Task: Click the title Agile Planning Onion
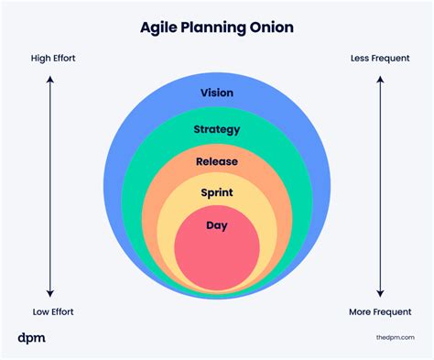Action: tap(217, 27)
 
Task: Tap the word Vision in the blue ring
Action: tap(217, 93)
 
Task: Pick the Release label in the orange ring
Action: tap(217, 161)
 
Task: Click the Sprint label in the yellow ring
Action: tap(217, 193)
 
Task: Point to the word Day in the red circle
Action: tap(217, 225)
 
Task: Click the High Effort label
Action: tap(53, 60)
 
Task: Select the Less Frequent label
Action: tap(379, 60)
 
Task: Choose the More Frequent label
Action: tap(379, 311)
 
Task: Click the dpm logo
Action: tap(31, 338)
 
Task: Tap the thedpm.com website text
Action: tap(396, 339)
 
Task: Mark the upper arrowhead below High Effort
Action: tap(51, 81)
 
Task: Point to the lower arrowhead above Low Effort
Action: tap(51, 290)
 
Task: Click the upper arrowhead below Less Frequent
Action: tap(379, 81)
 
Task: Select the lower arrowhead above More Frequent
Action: tap(379, 290)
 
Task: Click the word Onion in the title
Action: tap(273, 27)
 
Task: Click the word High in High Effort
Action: tap(41, 60)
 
